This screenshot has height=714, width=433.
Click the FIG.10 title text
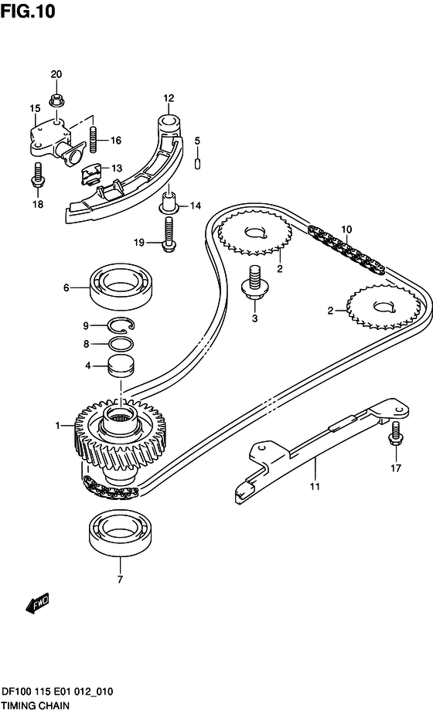click(x=28, y=11)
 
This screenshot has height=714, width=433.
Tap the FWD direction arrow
click(x=37, y=603)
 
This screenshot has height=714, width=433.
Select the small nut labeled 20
click(x=56, y=100)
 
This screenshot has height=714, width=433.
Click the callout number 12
click(x=169, y=98)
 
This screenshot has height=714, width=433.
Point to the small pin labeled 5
click(x=198, y=164)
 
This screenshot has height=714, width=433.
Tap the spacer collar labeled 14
click(x=169, y=203)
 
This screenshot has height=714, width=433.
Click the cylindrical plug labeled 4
click(x=121, y=365)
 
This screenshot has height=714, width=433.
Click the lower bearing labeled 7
click(x=120, y=532)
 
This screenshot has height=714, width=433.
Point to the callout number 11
click(x=315, y=486)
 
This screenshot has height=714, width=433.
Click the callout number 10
click(x=346, y=229)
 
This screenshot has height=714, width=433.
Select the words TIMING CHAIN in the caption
click(x=36, y=706)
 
